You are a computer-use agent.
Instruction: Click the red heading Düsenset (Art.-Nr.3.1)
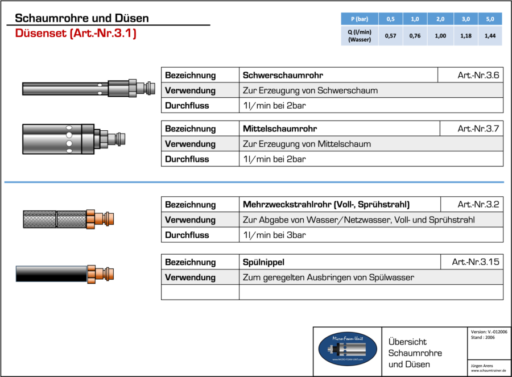[x=76, y=34]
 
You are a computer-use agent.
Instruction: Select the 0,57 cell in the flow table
[x=390, y=36]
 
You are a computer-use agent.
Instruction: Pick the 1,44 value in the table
[x=490, y=36]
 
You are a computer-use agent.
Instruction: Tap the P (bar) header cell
[x=360, y=19]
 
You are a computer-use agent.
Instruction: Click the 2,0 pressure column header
[x=440, y=19]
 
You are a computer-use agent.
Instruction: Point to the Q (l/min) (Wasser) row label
[x=360, y=36]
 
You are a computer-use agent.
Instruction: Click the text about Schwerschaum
[x=310, y=90]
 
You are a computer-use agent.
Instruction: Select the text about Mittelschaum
[x=307, y=144]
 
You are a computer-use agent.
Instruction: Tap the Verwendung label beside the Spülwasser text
[x=190, y=277]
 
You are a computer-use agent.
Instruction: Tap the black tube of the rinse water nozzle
[x=51, y=274]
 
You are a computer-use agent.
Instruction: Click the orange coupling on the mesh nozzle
[x=101, y=219]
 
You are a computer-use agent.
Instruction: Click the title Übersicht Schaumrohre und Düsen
[x=415, y=353]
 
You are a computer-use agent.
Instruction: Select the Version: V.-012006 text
[x=489, y=332]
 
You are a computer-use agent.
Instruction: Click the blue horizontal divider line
[x=254, y=183]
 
